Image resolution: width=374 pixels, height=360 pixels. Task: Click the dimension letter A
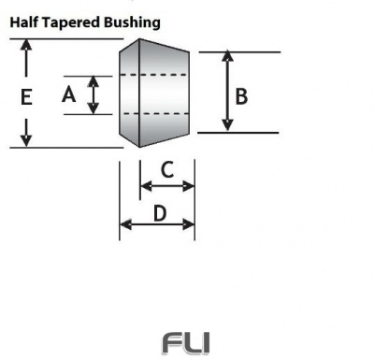[67, 94]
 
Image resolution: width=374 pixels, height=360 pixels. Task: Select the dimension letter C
[166, 169]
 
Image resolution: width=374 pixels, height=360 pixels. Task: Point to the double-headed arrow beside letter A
[93, 94]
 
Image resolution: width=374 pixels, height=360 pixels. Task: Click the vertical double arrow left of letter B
[225, 92]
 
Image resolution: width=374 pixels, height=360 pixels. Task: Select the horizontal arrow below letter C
[166, 186]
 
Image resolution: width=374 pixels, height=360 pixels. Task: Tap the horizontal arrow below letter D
[157, 224]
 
